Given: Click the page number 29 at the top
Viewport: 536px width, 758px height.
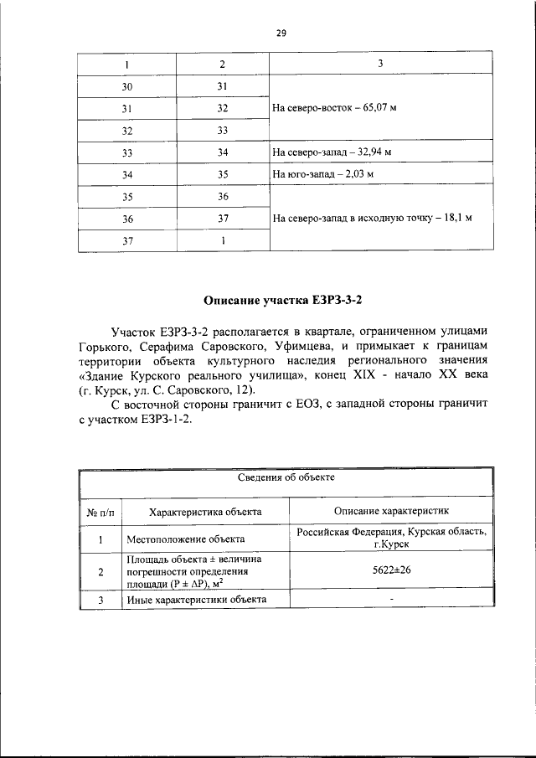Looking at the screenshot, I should pyautogui.click(x=281, y=34).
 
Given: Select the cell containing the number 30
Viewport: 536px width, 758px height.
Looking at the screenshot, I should pyautogui.click(x=126, y=86).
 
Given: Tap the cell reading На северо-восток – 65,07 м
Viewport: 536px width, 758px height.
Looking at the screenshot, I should pyautogui.click(x=334, y=108).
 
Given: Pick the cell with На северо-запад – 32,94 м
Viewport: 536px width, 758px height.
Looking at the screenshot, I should pyautogui.click(x=332, y=152).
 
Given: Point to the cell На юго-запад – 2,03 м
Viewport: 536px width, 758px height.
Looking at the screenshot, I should pyautogui.click(x=322, y=174).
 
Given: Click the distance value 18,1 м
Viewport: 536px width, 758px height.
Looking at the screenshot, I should pyautogui.click(x=456, y=218).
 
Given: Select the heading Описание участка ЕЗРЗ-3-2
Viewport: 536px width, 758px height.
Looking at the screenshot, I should pyautogui.click(x=287, y=299).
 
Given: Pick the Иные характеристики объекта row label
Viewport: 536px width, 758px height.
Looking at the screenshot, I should pyautogui.click(x=195, y=600).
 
